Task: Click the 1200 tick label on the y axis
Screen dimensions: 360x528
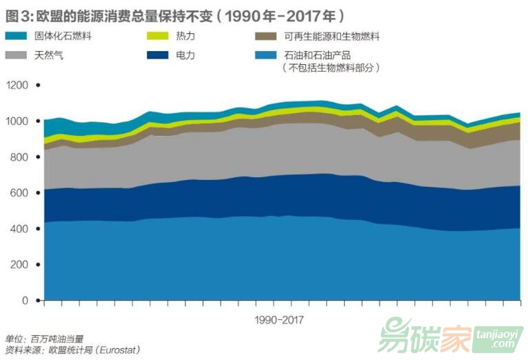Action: pos(17,85)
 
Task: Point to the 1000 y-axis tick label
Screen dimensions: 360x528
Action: pos(17,121)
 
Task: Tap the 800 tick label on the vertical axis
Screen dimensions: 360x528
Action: pos(21,157)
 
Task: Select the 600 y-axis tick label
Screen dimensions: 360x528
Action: pos(21,193)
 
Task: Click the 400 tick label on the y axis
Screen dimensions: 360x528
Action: pos(21,229)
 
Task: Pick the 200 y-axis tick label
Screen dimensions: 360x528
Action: pos(21,265)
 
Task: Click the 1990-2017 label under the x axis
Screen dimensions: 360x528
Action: pos(278,320)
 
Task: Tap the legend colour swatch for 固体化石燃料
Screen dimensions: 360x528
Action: pos(17,37)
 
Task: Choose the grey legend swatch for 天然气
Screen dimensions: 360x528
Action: pos(17,54)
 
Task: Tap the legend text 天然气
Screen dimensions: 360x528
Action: pos(49,54)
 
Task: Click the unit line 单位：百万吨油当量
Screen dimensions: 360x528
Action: pos(44,339)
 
